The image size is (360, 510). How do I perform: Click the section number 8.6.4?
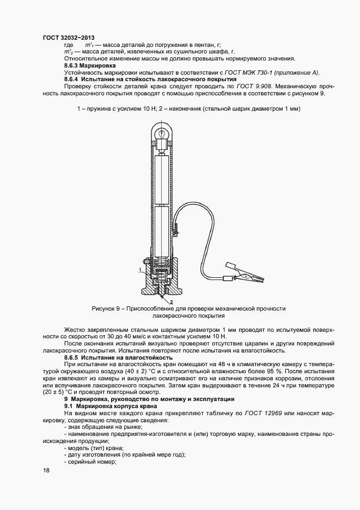click(x=73, y=80)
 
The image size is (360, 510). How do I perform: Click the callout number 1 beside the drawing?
click(x=139, y=269)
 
